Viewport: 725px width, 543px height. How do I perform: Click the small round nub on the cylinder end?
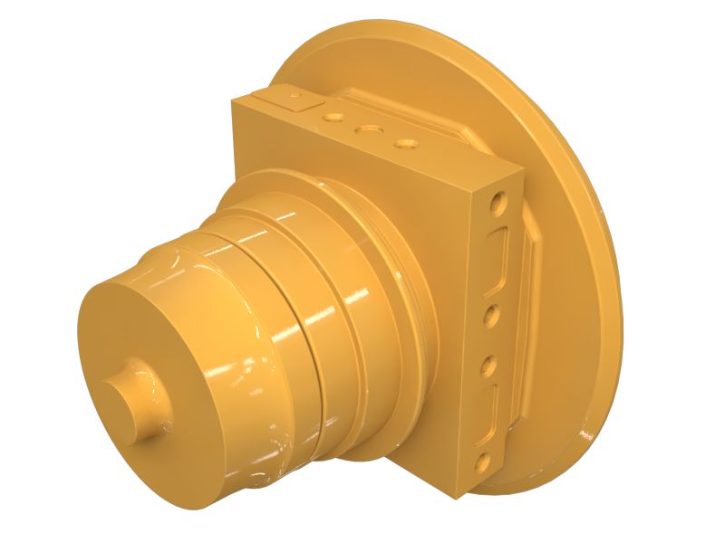click(x=133, y=397)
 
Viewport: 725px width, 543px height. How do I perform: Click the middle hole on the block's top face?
click(x=368, y=129)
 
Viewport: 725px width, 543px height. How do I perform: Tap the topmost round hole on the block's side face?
click(x=497, y=200)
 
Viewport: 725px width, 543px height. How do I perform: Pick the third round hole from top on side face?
click(x=488, y=366)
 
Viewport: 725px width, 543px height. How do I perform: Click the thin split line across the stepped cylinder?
click(x=304, y=344)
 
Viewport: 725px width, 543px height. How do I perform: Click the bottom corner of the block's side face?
click(x=464, y=496)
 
